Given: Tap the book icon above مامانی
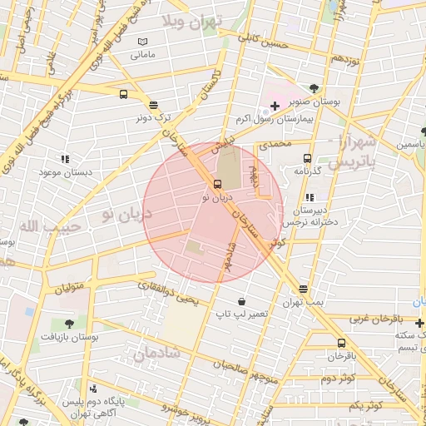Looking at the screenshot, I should click(142, 42).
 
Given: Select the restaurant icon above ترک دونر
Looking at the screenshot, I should click(153, 105).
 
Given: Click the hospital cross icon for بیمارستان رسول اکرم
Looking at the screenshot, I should click(275, 106).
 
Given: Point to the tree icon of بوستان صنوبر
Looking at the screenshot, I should click(314, 88).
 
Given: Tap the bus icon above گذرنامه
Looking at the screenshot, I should click(308, 158).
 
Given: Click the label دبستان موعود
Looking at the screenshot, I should click(63, 171).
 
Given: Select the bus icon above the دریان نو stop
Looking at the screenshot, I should click(217, 185).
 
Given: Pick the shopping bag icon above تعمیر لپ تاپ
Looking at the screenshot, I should click(241, 300).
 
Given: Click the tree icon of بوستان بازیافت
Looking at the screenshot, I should click(68, 324).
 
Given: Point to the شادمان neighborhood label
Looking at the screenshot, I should click(156, 353).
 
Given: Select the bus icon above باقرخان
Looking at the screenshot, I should click(341, 343).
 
